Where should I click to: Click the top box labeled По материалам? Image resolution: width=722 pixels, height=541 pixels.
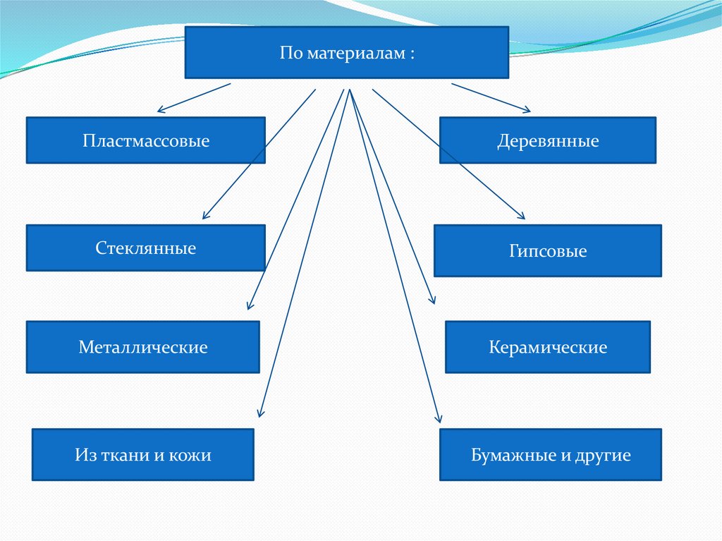click(346, 52)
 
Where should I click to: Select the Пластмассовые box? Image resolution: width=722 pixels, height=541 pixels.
click(146, 140)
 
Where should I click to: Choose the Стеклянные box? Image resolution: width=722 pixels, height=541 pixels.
click(146, 248)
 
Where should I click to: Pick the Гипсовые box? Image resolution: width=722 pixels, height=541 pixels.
click(548, 251)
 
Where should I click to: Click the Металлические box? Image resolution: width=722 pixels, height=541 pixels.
click(143, 347)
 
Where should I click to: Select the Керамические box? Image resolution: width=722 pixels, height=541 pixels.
click(548, 347)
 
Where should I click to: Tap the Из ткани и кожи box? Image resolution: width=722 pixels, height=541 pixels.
click(143, 455)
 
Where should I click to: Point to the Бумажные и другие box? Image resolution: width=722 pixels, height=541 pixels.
click(551, 455)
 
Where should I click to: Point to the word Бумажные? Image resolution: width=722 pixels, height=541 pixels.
click(506, 455)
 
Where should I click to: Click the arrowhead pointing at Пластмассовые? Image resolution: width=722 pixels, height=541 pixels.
click(160, 109)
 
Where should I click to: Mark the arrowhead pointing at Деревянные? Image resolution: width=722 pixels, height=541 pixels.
click(527, 109)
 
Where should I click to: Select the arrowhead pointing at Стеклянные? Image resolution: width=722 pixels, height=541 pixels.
click(205, 216)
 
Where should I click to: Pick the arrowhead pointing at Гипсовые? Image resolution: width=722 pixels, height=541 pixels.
click(523, 217)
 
